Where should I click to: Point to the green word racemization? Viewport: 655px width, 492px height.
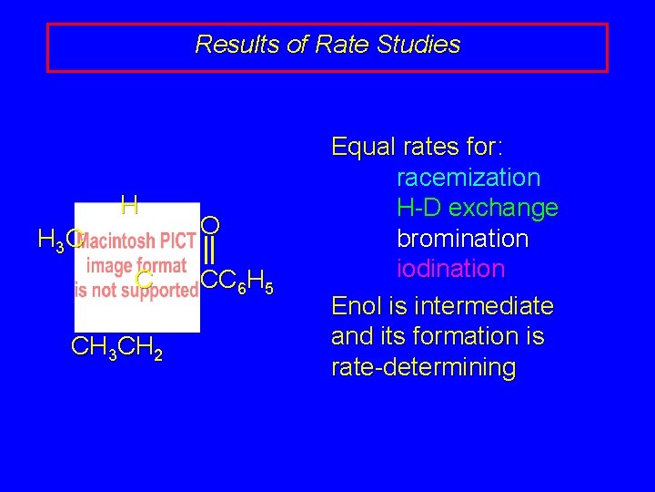(x=469, y=178)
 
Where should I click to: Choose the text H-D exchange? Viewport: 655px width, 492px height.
(x=478, y=208)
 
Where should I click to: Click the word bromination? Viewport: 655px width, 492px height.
(x=462, y=239)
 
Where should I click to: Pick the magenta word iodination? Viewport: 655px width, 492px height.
(x=450, y=269)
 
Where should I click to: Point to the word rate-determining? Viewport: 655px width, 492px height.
(x=423, y=367)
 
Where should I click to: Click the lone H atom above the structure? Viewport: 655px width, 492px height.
(x=129, y=205)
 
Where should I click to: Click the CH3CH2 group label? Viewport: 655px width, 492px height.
(x=116, y=348)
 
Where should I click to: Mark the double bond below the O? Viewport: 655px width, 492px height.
(x=209, y=250)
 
